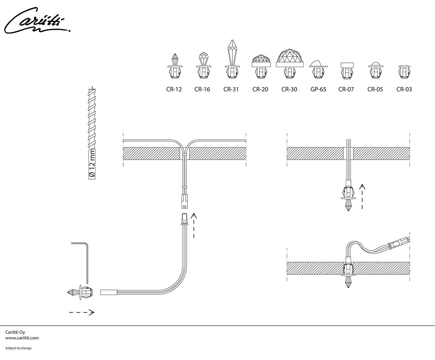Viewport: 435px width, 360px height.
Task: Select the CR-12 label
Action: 174,89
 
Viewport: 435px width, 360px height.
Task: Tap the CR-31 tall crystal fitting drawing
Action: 231,60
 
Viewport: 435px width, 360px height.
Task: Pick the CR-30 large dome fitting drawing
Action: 289,64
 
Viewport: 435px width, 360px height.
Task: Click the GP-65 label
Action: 318,89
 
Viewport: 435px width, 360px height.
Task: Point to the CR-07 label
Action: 346,89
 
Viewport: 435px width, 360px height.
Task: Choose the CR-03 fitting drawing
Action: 404,71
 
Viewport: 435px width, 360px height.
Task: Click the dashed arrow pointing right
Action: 82,312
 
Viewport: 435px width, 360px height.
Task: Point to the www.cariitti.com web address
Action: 22,338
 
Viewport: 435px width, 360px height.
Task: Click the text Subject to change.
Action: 19,348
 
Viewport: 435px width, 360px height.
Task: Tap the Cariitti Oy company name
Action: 15,332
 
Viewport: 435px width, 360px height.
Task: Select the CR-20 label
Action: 260,89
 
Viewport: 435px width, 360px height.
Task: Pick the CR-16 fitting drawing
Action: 203,66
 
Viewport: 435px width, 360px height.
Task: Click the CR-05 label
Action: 375,89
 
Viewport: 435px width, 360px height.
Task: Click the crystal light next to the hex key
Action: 80,292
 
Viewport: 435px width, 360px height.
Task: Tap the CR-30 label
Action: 289,89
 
